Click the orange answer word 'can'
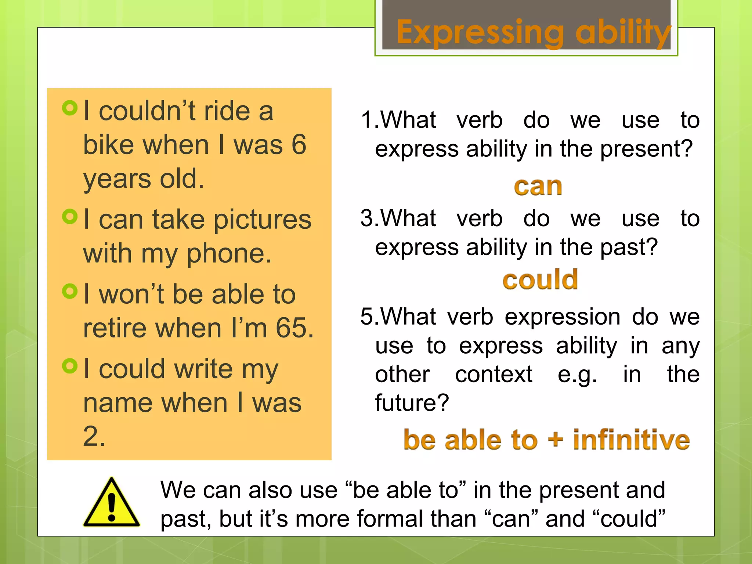pyautogui.click(x=538, y=187)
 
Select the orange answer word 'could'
pyautogui.click(x=540, y=280)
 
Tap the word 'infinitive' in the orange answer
pyautogui.click(x=631, y=440)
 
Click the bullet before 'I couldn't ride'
pyautogui.click(x=70, y=108)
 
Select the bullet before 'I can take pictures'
pyautogui.click(x=70, y=216)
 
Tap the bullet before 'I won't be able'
pyautogui.click(x=70, y=292)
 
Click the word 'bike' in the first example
pyautogui.click(x=109, y=145)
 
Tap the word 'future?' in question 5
pyautogui.click(x=412, y=403)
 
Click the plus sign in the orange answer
pyautogui.click(x=555, y=440)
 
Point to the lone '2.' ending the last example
pyautogui.click(x=94, y=437)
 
